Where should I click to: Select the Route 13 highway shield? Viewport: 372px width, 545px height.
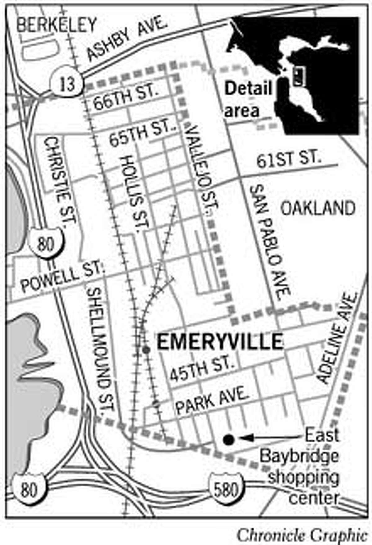coord(67,83)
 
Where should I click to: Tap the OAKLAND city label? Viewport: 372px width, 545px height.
coord(318,208)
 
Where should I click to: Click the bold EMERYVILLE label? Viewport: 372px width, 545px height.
coord(220,341)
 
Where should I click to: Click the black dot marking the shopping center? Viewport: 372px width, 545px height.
coord(229,439)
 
